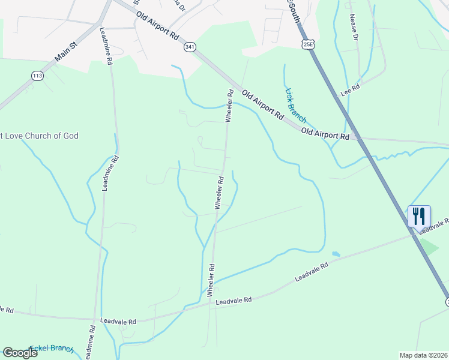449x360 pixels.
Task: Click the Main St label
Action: pos(66,51)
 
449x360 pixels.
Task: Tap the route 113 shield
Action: pos(38,76)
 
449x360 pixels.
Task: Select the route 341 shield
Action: pos(190,47)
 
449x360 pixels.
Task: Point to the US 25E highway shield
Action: pos(308,44)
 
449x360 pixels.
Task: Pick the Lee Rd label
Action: pos(349,92)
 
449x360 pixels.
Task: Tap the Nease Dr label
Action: pos(354,28)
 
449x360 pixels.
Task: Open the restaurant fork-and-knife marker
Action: pos(419,216)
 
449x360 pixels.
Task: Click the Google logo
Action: pos(20,353)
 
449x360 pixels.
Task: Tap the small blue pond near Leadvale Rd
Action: pos(336,254)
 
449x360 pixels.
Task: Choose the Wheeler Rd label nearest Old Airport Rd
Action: pos(229,106)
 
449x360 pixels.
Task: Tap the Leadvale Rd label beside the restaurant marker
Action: pos(436,225)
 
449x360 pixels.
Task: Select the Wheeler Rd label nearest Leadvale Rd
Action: pos(211,280)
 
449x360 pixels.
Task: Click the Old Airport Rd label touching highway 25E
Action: pos(325,134)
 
